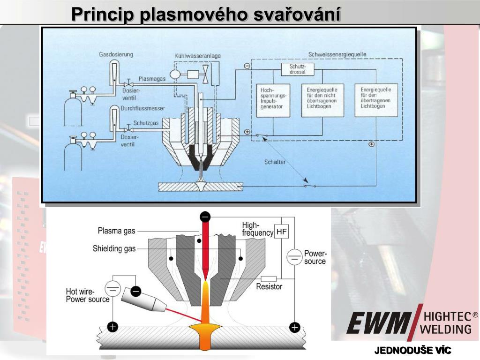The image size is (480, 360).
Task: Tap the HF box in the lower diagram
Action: click(281, 232)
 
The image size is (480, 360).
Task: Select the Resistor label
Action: click(269, 286)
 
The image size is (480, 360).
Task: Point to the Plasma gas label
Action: click(116, 230)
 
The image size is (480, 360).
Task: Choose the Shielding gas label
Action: click(114, 248)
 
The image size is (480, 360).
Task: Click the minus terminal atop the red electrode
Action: click(205, 217)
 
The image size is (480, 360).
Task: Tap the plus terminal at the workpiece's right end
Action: click(294, 327)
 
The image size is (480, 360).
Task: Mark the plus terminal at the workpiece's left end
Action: click(112, 327)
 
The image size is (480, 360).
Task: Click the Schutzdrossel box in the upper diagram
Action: click(298, 69)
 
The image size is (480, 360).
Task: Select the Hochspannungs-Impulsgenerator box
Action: click(274, 100)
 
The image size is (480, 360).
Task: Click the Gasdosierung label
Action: click(116, 54)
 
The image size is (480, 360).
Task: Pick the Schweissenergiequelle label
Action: click(337, 54)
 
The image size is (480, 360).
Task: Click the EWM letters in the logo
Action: click(378, 323)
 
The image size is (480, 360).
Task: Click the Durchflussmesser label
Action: click(142, 108)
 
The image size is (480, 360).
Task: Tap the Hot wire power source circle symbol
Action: click(112, 287)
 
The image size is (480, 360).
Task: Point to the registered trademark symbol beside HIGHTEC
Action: click(475, 315)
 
